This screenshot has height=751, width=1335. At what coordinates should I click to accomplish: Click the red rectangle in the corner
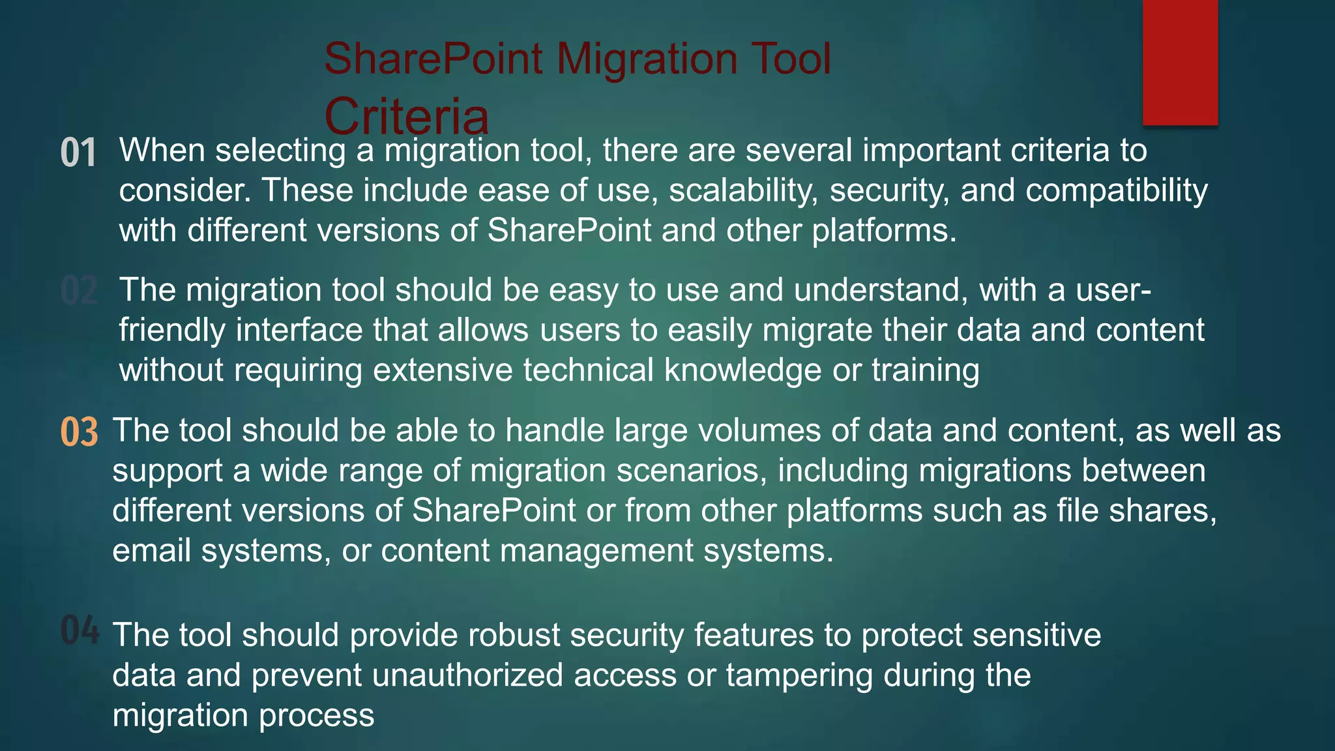tap(1180, 62)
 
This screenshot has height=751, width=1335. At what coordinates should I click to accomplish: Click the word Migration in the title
tap(647, 59)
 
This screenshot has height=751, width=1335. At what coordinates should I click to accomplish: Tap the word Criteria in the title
tap(406, 117)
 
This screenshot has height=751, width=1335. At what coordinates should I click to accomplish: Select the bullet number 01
tap(78, 153)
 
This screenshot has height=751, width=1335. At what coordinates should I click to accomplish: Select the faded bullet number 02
tap(78, 291)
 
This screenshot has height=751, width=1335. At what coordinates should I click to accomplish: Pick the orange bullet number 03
tap(79, 432)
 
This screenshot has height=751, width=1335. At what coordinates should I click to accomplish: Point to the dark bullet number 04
tap(80, 630)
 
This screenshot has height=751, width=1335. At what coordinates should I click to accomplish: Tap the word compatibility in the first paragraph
tap(1116, 190)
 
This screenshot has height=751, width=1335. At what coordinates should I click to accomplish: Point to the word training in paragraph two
tap(926, 370)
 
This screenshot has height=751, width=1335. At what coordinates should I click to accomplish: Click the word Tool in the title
tap(791, 59)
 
